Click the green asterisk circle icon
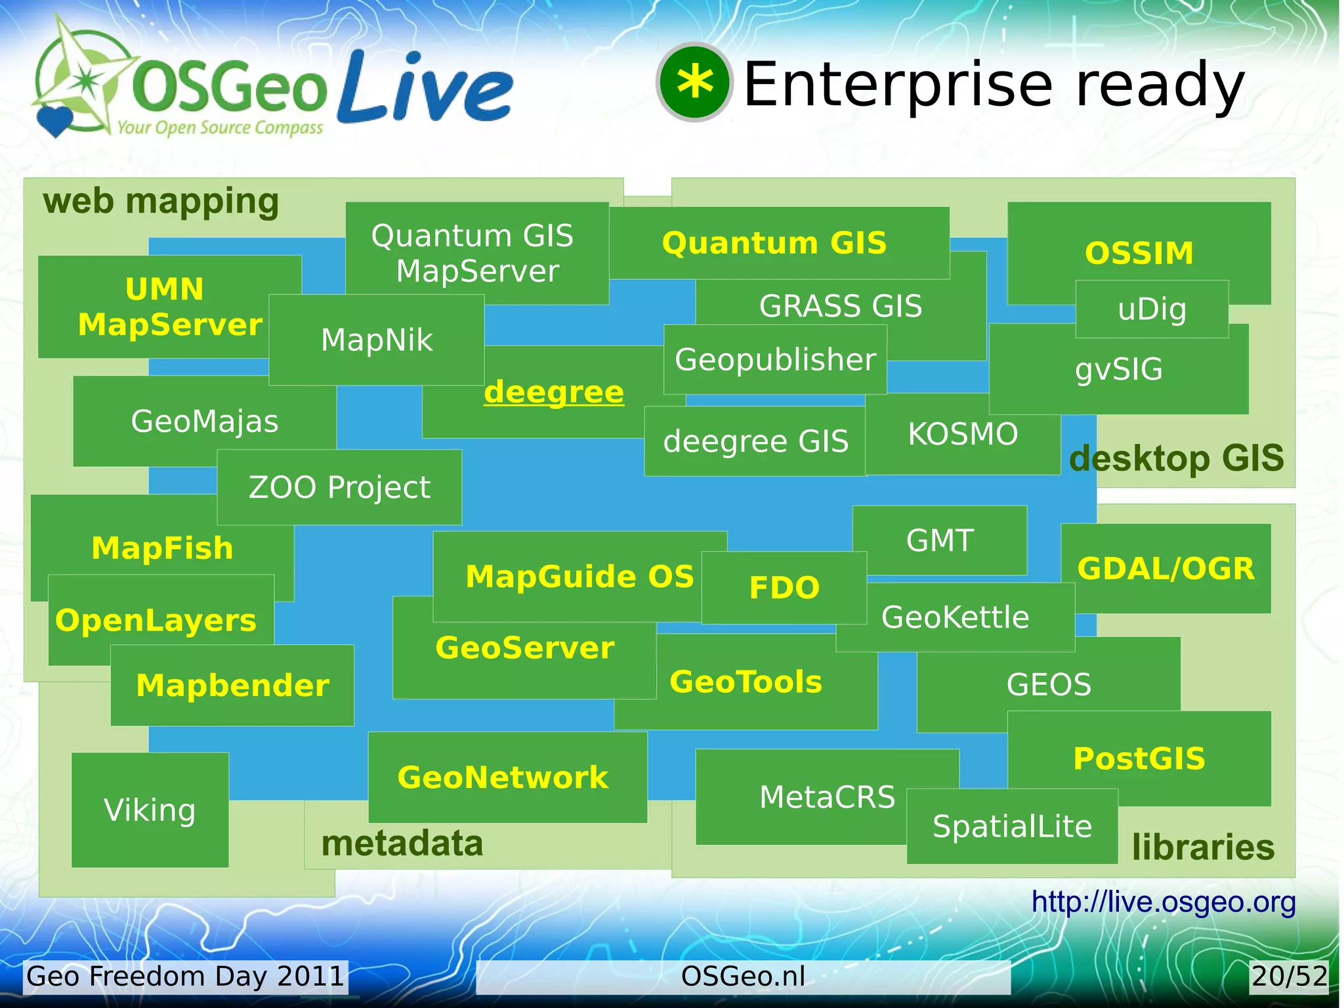694,83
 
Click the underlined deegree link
553,393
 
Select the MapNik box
377,340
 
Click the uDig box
1152,309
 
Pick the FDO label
784,588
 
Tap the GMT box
940,540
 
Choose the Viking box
150,810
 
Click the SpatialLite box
1012,826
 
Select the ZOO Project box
339,487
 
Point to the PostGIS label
1139,758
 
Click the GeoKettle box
955,617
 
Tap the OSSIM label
1139,253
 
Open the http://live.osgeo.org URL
1163,902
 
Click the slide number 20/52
1289,976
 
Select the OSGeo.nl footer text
743,976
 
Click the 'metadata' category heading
402,844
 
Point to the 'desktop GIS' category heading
1176,458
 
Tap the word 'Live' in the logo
425,89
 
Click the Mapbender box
232,686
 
